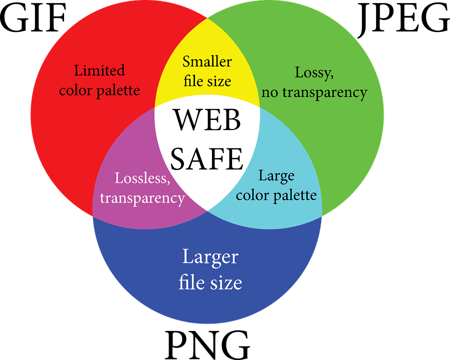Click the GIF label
pyautogui.click(x=33, y=17)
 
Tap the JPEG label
pyautogui.click(x=403, y=20)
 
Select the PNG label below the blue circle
pyautogui.click(x=207, y=345)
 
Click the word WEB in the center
pyautogui.click(x=207, y=119)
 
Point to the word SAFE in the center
pyautogui.click(x=206, y=159)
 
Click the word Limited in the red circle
pyautogui.click(x=99, y=70)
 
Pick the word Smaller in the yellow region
pyautogui.click(x=207, y=61)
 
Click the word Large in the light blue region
pyautogui.click(x=276, y=176)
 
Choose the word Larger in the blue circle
pyautogui.click(x=210, y=257)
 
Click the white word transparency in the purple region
pyautogui.click(x=142, y=198)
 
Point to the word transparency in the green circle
pyautogui.click(x=325, y=93)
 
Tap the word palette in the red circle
pyautogui.click(x=118, y=91)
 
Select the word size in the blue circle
pyautogui.click(x=226, y=283)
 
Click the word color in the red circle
pyautogui.click(x=76, y=90)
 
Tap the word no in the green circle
pyautogui.click(x=270, y=93)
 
